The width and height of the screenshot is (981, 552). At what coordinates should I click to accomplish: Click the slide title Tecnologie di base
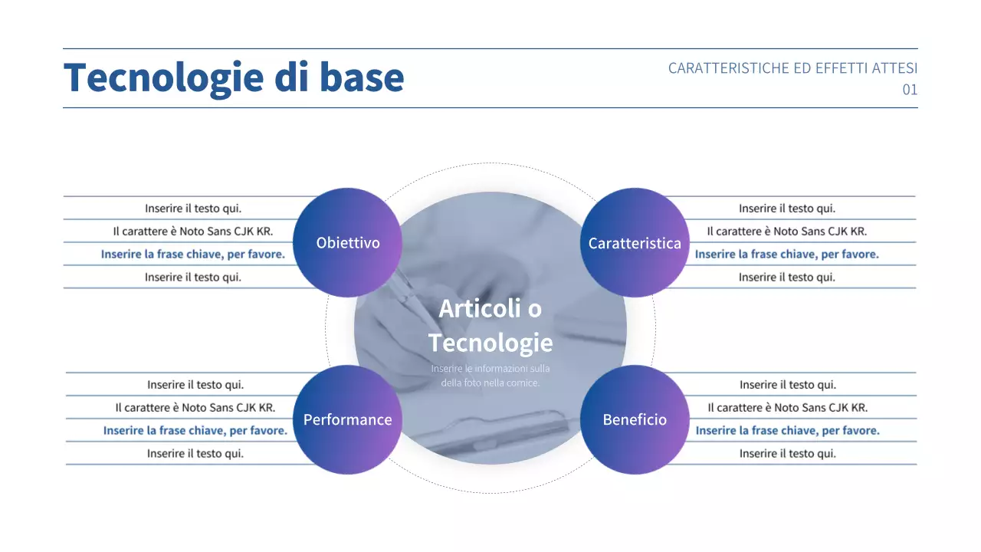tap(233, 77)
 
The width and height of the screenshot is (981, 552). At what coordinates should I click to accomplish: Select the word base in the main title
tap(361, 77)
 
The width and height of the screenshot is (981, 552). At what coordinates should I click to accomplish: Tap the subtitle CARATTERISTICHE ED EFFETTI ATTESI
tap(792, 68)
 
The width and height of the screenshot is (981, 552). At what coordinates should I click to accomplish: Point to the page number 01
tap(909, 90)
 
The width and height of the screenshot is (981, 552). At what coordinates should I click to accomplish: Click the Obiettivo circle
tap(348, 243)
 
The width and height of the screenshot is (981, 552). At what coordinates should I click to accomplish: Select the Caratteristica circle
tap(635, 243)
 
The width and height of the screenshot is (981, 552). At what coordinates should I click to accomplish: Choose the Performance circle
tap(347, 419)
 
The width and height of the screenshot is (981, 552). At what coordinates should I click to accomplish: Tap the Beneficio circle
tap(635, 419)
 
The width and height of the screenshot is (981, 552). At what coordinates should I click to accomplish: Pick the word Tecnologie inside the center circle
tap(490, 343)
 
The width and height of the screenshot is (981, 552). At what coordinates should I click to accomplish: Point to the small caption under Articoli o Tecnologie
tap(490, 376)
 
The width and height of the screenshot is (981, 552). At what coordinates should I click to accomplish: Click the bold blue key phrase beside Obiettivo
tap(192, 254)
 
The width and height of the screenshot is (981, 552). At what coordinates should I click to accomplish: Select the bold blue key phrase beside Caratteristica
tap(787, 254)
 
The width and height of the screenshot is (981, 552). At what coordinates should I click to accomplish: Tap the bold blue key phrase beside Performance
tap(195, 430)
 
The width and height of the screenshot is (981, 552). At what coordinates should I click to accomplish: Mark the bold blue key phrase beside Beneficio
tap(788, 430)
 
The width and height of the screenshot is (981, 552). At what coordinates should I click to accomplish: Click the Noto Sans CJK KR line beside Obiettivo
tap(193, 231)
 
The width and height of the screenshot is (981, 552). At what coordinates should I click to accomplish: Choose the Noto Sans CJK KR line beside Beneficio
tap(788, 407)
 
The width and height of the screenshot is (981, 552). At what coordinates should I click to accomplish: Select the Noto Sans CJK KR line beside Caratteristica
tap(787, 231)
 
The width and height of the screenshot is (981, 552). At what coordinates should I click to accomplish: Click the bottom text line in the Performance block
tap(195, 453)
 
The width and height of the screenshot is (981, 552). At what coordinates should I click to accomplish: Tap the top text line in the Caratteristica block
tap(787, 208)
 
